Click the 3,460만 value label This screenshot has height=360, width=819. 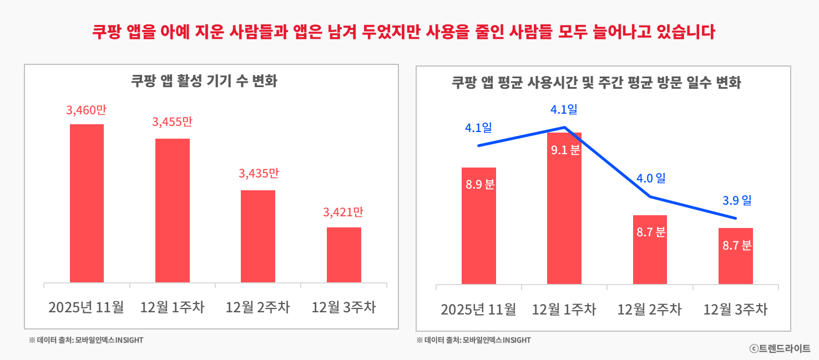(x=86, y=110)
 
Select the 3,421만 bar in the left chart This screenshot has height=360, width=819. (x=344, y=255)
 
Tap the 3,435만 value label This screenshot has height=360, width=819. (x=259, y=174)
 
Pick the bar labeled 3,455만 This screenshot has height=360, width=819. (x=173, y=210)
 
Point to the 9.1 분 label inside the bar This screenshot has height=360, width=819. (x=565, y=150)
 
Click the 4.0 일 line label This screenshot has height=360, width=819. (x=651, y=179)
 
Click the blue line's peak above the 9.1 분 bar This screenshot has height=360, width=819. (x=564, y=128)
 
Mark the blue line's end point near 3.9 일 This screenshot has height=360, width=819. (x=736, y=219)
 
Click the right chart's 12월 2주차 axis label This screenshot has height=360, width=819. (x=650, y=310)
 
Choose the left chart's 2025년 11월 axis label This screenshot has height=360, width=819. (x=86, y=307)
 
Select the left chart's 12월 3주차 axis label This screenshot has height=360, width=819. (x=344, y=307)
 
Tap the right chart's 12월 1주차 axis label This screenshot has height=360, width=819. (x=564, y=310)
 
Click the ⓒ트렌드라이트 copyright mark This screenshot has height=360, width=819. (x=780, y=348)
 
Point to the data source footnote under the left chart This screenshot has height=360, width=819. (x=86, y=340)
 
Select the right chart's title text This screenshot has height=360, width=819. (x=596, y=83)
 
